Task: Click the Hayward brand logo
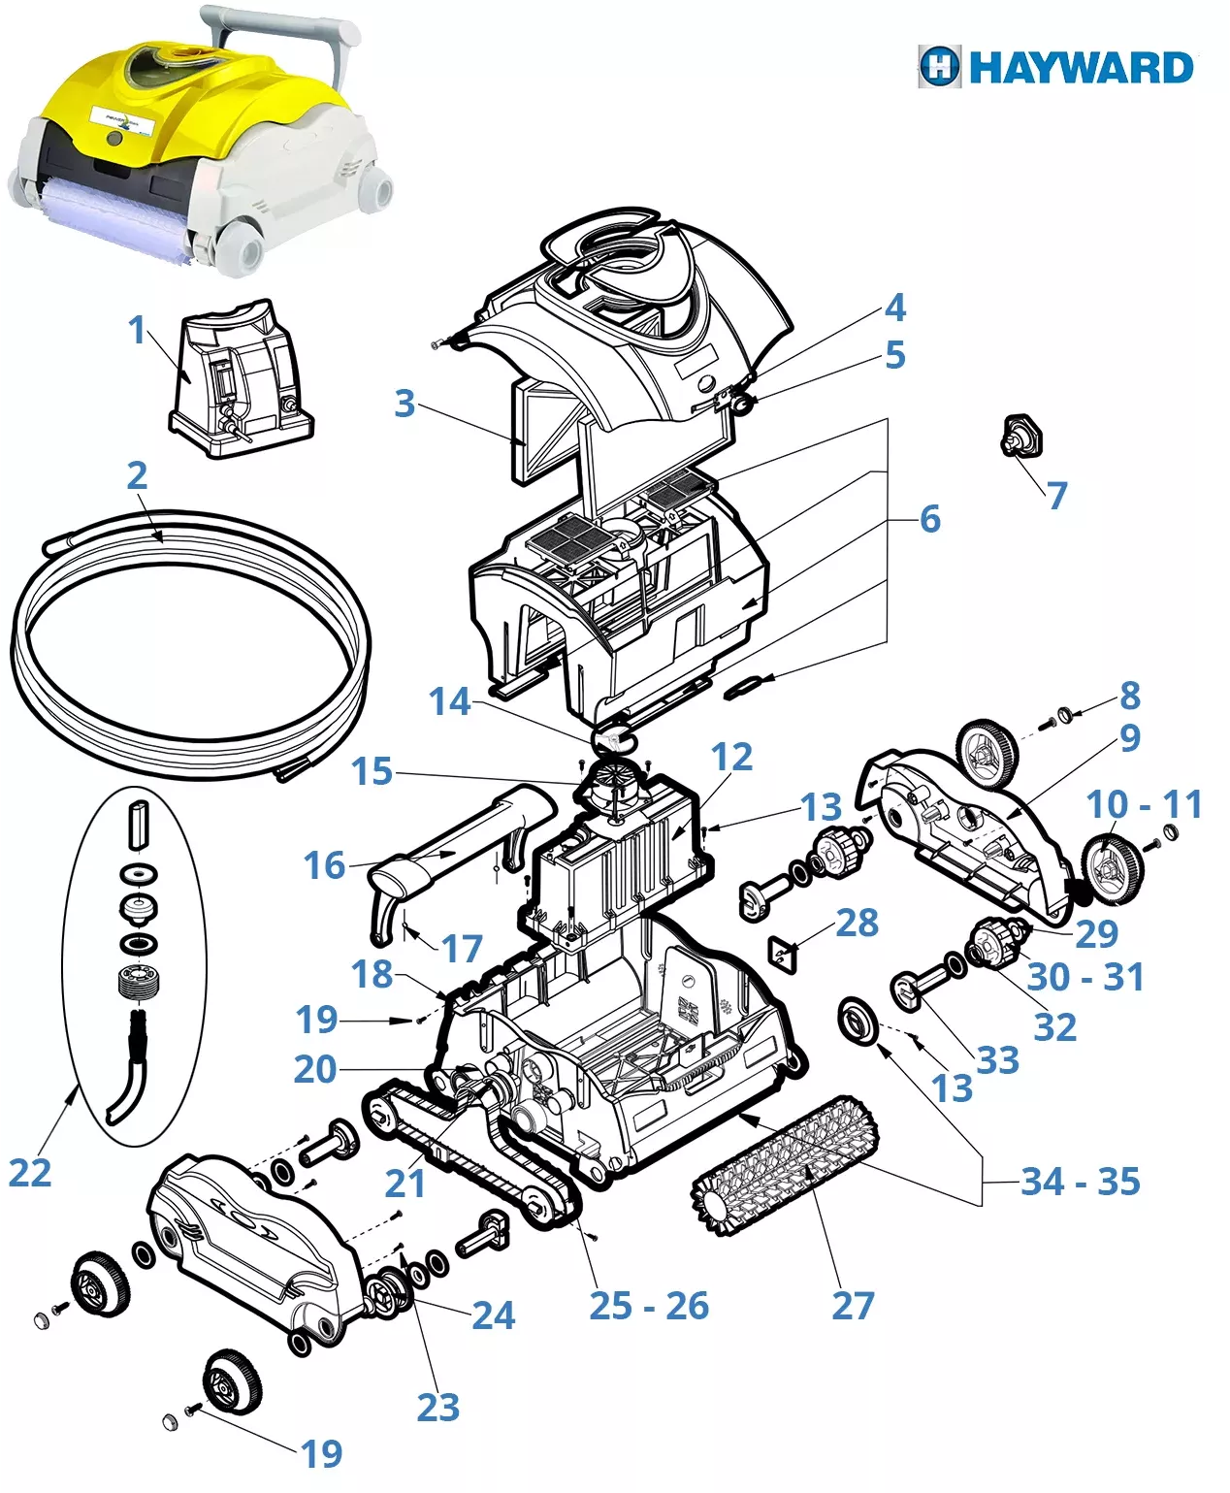(1055, 67)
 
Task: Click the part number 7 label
(1056, 496)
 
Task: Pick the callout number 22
(29, 1174)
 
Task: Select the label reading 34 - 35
(1080, 1182)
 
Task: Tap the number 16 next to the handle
(324, 865)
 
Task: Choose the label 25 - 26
(649, 1306)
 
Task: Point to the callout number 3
(405, 404)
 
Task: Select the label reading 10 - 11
(1144, 804)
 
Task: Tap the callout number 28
(857, 923)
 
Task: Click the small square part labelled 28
(782, 953)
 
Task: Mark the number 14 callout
(449, 701)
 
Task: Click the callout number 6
(929, 519)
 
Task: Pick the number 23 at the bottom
(437, 1408)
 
